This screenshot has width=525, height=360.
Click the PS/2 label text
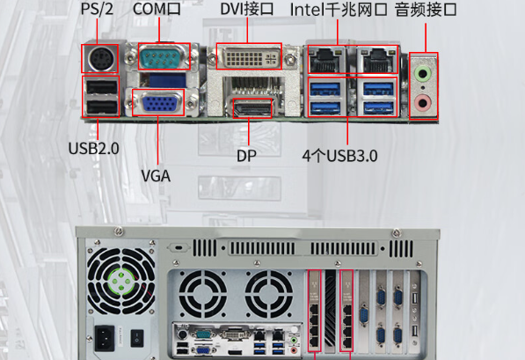tap(98, 10)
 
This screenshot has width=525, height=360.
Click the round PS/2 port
tap(99, 60)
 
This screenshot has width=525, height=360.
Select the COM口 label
tap(157, 10)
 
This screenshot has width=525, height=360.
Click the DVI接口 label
tap(247, 10)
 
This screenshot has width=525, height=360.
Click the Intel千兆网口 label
tap(339, 10)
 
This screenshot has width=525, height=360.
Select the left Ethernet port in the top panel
tap(324, 59)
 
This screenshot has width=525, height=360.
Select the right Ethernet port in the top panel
tap(376, 59)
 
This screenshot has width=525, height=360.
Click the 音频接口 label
tap(427, 10)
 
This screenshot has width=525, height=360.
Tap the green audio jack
tap(425, 74)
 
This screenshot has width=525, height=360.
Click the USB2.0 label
tap(94, 149)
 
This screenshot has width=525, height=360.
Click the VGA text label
tap(156, 175)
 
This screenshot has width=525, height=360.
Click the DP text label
tap(247, 156)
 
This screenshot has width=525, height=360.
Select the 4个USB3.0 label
tap(339, 156)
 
